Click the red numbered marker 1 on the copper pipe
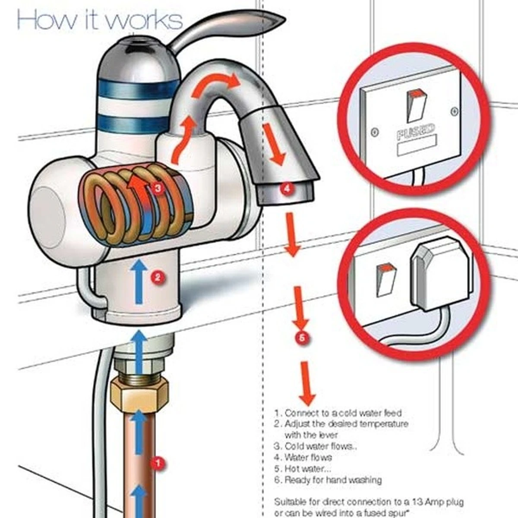coord(158,464)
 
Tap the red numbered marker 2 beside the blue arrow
coord(158,277)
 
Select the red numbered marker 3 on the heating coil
coord(158,188)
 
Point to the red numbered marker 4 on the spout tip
coord(287,188)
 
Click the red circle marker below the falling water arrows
coord(302,337)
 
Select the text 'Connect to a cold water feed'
coord(343,413)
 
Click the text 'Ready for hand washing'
coord(333,480)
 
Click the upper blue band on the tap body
coord(138,88)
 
